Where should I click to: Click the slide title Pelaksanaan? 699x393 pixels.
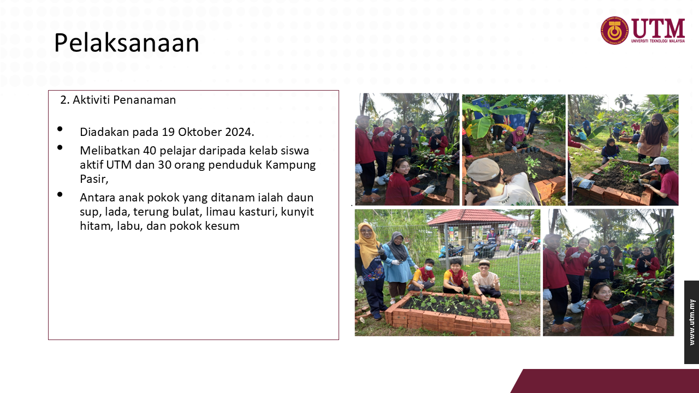click(126, 43)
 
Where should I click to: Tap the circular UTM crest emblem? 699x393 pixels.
click(615, 31)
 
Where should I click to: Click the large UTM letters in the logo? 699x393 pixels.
click(658, 28)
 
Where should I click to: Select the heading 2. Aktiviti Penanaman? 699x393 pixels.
click(118, 100)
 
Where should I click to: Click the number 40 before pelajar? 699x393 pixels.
click(150, 151)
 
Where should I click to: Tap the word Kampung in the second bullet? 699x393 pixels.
click(291, 165)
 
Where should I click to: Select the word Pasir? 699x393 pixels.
click(93, 179)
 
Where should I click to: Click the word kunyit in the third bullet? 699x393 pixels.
click(298, 212)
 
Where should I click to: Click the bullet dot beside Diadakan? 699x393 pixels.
click(60, 129)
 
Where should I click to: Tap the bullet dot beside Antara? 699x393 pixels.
click(60, 194)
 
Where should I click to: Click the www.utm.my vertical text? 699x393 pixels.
click(692, 322)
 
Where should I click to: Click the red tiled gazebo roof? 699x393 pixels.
click(471, 217)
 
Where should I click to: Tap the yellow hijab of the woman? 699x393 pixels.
click(368, 244)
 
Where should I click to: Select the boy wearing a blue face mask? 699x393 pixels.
click(423, 275)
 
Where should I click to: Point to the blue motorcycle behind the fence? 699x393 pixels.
click(483, 249)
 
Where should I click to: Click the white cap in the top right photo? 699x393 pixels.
click(659, 161)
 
